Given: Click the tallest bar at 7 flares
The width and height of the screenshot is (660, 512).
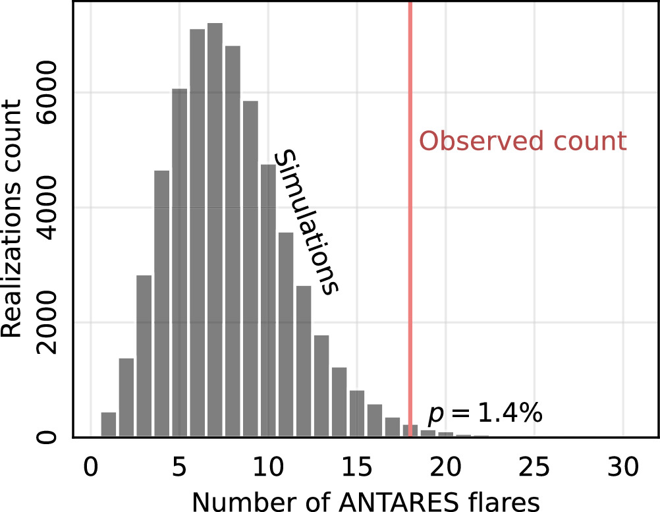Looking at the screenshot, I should coord(215,231).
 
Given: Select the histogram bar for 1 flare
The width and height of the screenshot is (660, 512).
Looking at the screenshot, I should coord(109,424).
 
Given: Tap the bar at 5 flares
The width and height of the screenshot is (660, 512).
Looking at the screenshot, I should coord(180,264).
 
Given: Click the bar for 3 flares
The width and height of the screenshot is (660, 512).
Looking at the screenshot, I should coord(144,356).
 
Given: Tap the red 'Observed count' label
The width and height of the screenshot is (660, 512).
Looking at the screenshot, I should coord(523,142).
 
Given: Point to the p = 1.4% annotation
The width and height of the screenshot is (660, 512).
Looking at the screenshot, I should coord(485,414).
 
